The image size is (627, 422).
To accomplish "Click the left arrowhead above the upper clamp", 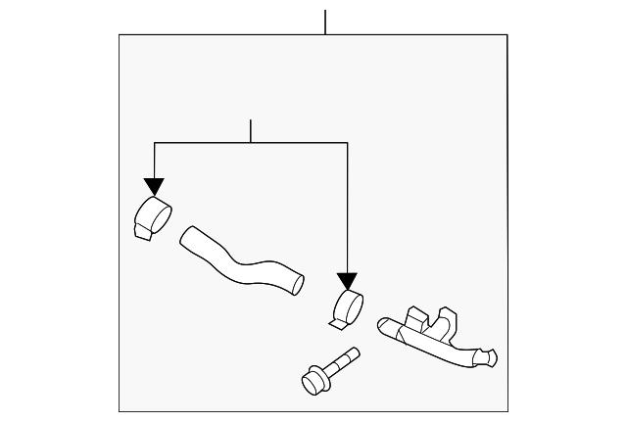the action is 154,187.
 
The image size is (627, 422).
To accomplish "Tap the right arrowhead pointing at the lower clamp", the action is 347,281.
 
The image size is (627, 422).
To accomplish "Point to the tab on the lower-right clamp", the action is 337,318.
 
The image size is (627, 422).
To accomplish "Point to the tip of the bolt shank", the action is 356,352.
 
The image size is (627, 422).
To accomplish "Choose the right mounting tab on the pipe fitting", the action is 449,318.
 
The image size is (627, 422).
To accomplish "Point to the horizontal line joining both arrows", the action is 251,143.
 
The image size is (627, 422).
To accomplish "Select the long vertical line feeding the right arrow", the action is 347,206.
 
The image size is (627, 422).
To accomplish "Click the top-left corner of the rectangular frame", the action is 120,35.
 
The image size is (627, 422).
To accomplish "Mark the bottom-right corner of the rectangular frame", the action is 507,411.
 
